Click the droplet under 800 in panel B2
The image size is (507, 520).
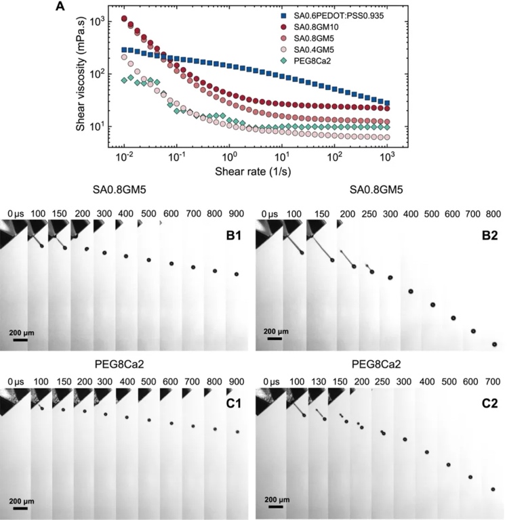coord(494,344)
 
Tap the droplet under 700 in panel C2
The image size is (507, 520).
coord(493,489)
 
